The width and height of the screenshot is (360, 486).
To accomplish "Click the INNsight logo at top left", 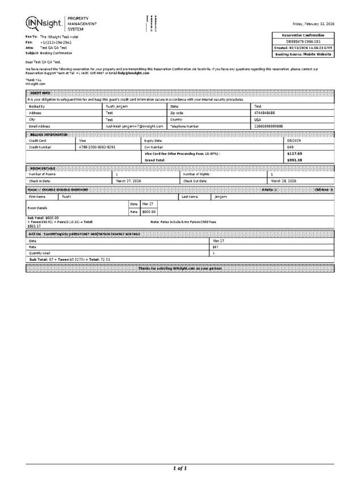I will pyautogui.click(x=45, y=23).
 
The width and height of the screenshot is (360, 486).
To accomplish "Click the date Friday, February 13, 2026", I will pyautogui.click(x=313, y=24).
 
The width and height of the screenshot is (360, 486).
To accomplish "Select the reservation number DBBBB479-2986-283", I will pyautogui.click(x=303, y=41).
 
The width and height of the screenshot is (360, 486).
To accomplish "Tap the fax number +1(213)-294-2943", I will pyautogui.click(x=56, y=43).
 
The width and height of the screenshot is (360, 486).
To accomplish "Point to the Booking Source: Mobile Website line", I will pyautogui.click(x=303, y=54).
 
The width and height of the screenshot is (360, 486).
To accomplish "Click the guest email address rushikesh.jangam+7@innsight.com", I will pyautogui.click(x=133, y=126).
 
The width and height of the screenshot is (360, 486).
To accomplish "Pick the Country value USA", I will pyautogui.click(x=258, y=120).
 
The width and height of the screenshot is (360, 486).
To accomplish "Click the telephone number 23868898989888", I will pyautogui.click(x=269, y=126).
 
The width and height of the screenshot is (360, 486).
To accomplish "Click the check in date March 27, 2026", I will pyautogui.click(x=128, y=180).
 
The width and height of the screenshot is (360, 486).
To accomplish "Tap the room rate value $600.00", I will pyautogui.click(x=149, y=212).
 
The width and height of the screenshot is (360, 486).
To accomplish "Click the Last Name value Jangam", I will pyautogui.click(x=221, y=196).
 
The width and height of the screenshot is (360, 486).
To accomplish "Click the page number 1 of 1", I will pyautogui.click(x=180, y=468).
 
